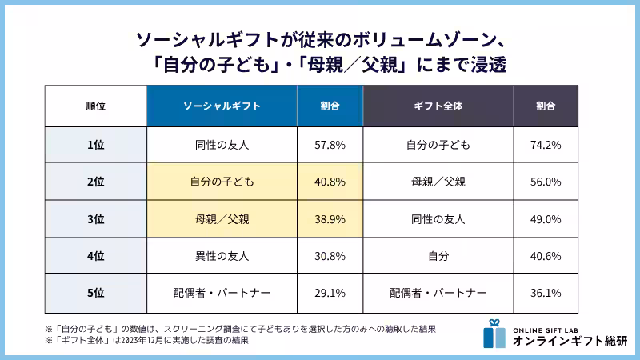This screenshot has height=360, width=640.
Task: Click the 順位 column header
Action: (x=95, y=106)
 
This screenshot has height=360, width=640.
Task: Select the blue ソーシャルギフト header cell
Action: (x=222, y=106)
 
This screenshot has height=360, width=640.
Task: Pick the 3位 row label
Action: (x=95, y=218)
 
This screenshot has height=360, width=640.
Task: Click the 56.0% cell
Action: (x=546, y=182)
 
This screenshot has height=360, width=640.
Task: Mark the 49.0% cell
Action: (x=546, y=218)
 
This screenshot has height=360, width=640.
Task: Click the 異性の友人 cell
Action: (x=222, y=256)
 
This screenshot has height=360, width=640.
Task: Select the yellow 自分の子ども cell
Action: (x=222, y=182)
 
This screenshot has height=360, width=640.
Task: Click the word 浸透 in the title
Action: (x=483, y=63)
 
